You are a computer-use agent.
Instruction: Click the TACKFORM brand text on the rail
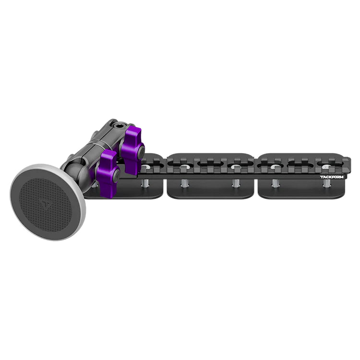(x=332, y=177)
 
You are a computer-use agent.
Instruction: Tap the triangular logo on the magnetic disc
(x=46, y=204)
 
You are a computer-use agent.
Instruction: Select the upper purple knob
(x=132, y=147)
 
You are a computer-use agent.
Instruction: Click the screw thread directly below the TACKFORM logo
(x=326, y=183)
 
